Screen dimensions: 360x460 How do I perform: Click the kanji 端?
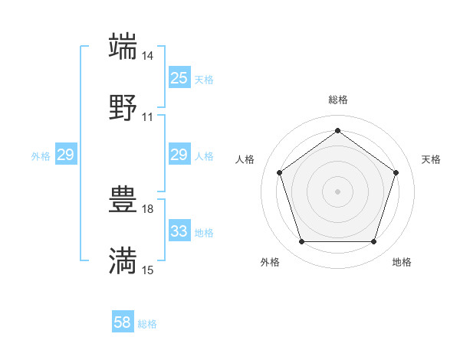pos(123,47)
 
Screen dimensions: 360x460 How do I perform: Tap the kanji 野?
pos(123,108)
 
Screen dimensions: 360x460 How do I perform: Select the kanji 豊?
pos(123,200)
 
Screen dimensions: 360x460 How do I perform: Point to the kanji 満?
pos(123,261)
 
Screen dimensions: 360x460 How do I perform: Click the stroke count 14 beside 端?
pos(148,56)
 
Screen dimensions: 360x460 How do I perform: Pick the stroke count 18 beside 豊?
pos(148,209)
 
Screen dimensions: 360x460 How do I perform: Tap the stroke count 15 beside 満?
pos(148,270)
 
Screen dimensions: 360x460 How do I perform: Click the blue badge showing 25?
pos(179,78)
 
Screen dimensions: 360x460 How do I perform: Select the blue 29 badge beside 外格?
pos(66,155)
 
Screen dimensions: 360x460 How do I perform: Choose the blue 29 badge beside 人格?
pos(179,155)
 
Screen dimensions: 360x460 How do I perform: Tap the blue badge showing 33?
pos(179,231)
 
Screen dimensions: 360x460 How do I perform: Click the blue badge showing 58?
pos(123,323)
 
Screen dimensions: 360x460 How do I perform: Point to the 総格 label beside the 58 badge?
pos(148,324)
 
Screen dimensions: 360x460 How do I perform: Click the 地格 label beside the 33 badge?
pos(204,232)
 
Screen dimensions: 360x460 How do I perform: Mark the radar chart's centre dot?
pos(337,191)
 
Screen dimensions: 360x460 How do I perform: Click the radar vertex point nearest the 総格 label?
pos(337,130)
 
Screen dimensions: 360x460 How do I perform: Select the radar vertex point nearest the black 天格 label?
pos(396,172)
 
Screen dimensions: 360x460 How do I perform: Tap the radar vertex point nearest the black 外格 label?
pos(301,242)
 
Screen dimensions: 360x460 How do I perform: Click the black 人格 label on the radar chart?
pos(245,159)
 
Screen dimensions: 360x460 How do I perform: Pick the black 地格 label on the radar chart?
pos(402,262)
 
